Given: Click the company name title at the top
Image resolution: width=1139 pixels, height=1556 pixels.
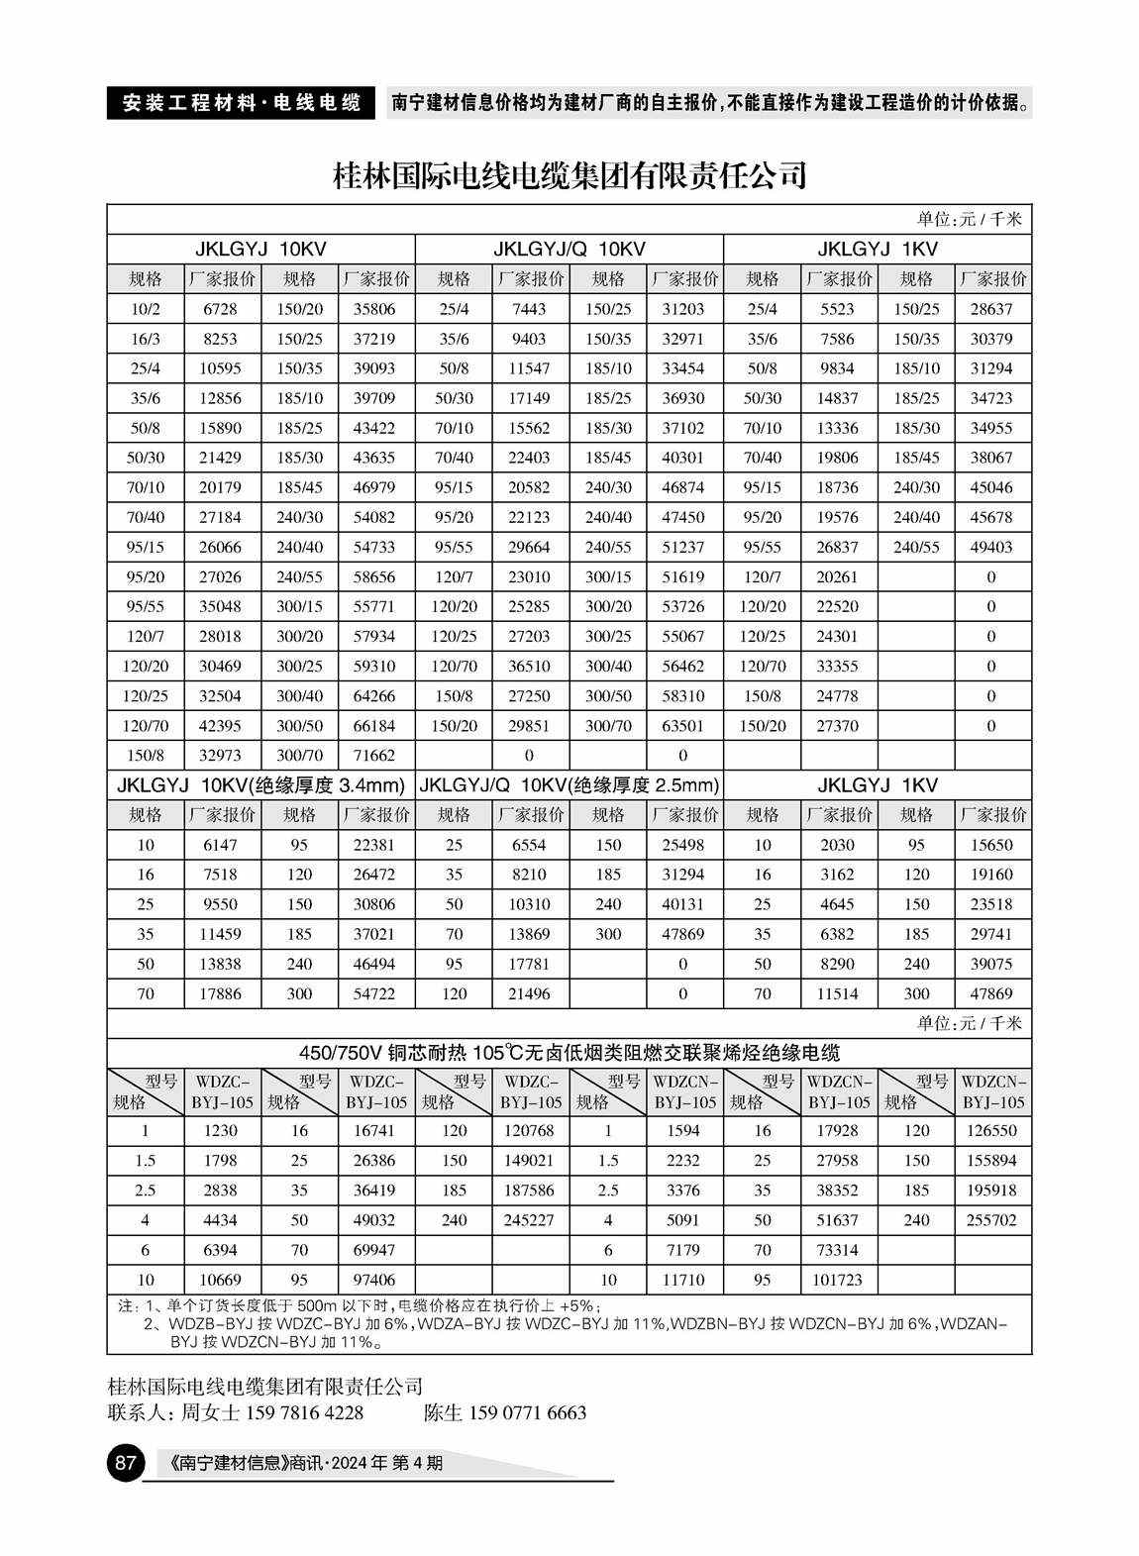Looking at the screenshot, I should [569, 176].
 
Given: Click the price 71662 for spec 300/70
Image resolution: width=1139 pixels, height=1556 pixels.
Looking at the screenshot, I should [374, 755].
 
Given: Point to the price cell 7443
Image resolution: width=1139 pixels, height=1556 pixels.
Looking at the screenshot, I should [529, 309].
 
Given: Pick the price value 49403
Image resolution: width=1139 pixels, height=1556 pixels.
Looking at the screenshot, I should [991, 547].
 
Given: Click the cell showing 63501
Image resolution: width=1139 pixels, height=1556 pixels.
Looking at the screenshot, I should [682, 725].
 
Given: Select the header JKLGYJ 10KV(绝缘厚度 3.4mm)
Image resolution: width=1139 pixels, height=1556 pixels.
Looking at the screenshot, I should [260, 785].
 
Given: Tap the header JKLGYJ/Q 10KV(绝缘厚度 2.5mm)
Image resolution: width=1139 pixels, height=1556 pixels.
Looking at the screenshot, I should [569, 785].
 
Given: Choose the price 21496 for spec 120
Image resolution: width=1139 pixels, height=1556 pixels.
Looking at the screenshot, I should [529, 993].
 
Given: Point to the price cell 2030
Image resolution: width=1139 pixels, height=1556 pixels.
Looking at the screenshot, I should [837, 845].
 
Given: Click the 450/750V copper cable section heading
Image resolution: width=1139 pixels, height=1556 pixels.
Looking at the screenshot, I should [569, 1052].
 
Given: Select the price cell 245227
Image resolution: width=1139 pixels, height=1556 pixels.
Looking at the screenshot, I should [529, 1220].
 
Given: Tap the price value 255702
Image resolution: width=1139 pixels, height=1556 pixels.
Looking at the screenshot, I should [991, 1220].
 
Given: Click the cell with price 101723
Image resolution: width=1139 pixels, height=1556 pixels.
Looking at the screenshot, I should [837, 1280].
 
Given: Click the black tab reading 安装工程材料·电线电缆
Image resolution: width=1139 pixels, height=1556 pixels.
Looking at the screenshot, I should [241, 103].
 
